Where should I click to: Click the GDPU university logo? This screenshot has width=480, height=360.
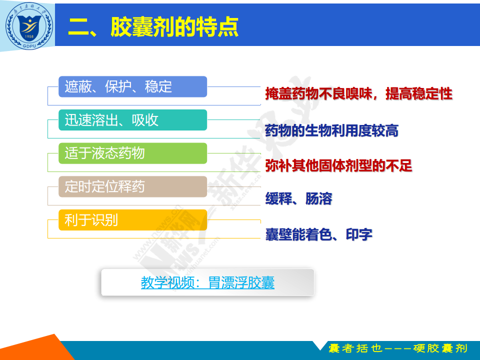click(29, 25)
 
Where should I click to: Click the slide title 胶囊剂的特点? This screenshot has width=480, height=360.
click(174, 27)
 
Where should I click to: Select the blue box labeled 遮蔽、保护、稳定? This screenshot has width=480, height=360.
click(132, 86)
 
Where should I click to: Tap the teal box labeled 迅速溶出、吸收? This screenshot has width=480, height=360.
click(132, 120)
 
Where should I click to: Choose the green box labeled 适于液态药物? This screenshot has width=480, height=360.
click(132, 153)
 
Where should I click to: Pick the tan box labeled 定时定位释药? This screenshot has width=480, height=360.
click(132, 186)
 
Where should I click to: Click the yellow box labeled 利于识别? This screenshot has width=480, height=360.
click(132, 220)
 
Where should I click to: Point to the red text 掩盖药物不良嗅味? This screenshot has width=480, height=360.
click(318, 93)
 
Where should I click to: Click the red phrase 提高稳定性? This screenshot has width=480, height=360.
click(419, 93)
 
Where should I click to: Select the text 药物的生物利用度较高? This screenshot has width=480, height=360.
click(332, 130)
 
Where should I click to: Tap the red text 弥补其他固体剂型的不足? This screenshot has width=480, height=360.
click(338, 166)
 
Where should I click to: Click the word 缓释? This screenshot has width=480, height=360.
click(278, 198)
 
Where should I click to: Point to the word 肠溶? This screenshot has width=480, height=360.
click(319, 198)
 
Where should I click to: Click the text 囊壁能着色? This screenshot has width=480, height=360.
click(299, 235)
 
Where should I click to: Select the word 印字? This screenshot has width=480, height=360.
click(359, 235)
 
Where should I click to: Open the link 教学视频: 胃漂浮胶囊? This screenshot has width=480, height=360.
click(207, 282)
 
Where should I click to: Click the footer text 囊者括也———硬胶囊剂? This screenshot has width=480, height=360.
click(398, 348)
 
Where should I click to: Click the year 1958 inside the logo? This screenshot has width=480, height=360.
click(29, 36)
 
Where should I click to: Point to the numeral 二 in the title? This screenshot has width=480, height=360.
click(78, 27)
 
